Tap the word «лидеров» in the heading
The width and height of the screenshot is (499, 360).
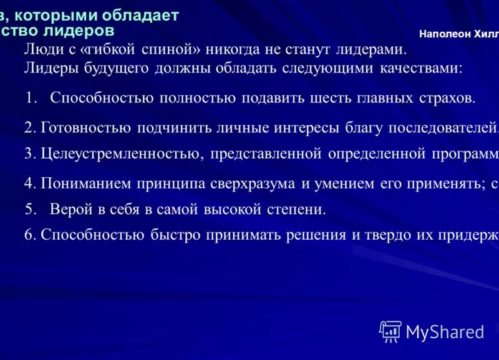[x=84, y=29]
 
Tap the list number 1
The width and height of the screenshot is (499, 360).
[x=31, y=98]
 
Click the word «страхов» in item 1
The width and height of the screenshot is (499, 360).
[x=447, y=98]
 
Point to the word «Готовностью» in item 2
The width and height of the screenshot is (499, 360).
[x=85, y=128]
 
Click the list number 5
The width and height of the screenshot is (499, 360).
[x=29, y=209]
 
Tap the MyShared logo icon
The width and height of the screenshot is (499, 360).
[x=390, y=331]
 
